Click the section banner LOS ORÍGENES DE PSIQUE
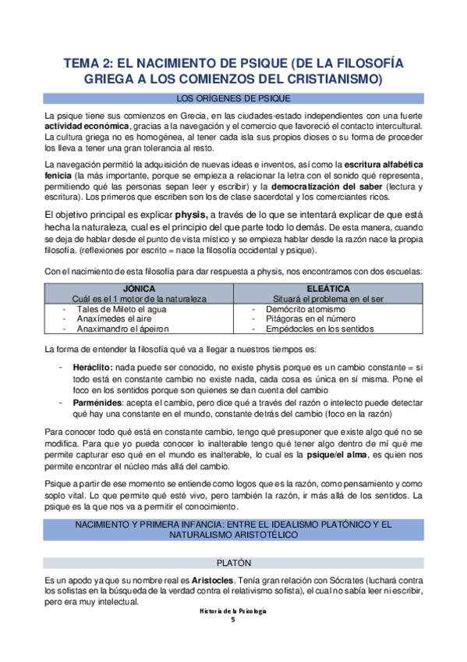(233, 98)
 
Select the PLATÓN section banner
(233, 563)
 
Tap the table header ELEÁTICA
(327, 288)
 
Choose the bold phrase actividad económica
(87, 126)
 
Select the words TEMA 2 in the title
(88, 64)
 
